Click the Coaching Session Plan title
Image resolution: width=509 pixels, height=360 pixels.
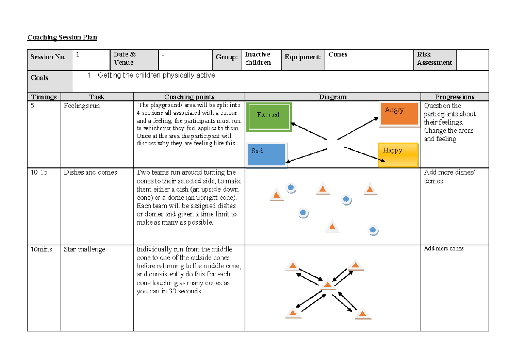click(x=62, y=37)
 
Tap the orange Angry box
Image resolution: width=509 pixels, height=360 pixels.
click(x=399, y=114)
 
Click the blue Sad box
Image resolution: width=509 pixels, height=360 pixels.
click(x=266, y=154)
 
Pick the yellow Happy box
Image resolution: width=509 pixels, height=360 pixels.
click(x=398, y=155)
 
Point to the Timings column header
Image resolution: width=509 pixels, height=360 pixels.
click(x=44, y=97)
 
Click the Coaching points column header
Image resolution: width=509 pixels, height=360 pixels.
click(x=189, y=97)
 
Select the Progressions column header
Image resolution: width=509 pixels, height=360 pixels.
click(x=454, y=97)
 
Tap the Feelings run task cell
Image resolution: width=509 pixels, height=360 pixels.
click(x=82, y=106)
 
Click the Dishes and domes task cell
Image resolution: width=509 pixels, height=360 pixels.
click(x=90, y=172)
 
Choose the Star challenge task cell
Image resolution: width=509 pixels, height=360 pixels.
click(x=84, y=249)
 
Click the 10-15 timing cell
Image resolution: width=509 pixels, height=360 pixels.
click(x=39, y=172)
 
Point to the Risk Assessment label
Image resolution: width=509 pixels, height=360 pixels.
click(x=434, y=59)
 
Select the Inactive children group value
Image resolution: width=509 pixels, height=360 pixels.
click(x=257, y=59)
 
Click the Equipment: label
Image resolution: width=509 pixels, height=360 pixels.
click(x=302, y=57)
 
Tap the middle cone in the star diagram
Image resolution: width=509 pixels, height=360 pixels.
click(x=328, y=285)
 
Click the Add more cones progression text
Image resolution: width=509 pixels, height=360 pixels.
click(x=444, y=248)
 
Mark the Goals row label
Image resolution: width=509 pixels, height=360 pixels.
click(x=39, y=78)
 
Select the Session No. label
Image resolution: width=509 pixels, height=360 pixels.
click(x=48, y=57)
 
